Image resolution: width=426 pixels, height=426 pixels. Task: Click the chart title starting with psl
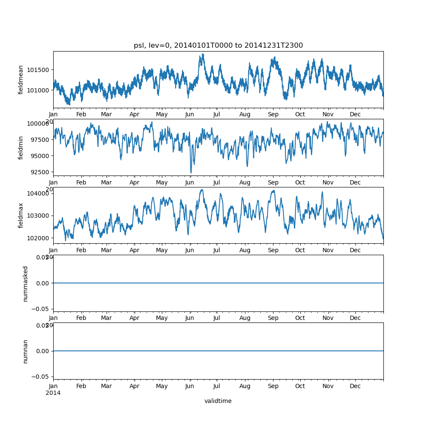coord(218,46)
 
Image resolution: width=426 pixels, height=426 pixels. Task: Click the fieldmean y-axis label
coord(21,80)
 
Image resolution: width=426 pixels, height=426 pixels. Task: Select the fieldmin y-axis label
coord(21,147)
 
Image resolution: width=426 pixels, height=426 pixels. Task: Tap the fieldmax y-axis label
coord(21,215)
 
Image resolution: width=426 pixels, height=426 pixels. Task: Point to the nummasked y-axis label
coord(25,283)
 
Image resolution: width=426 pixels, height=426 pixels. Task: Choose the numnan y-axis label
coord(25,351)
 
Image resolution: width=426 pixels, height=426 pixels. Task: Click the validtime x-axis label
coord(218,401)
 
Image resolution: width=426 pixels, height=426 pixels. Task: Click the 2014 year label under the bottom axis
coord(53,393)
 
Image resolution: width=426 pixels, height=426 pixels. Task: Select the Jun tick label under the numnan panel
coord(190,386)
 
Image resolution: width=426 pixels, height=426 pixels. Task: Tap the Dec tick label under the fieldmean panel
coord(355,115)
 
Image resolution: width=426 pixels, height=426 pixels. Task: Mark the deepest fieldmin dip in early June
coord(191,172)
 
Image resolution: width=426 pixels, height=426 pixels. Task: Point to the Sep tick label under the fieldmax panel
coord(273,250)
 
